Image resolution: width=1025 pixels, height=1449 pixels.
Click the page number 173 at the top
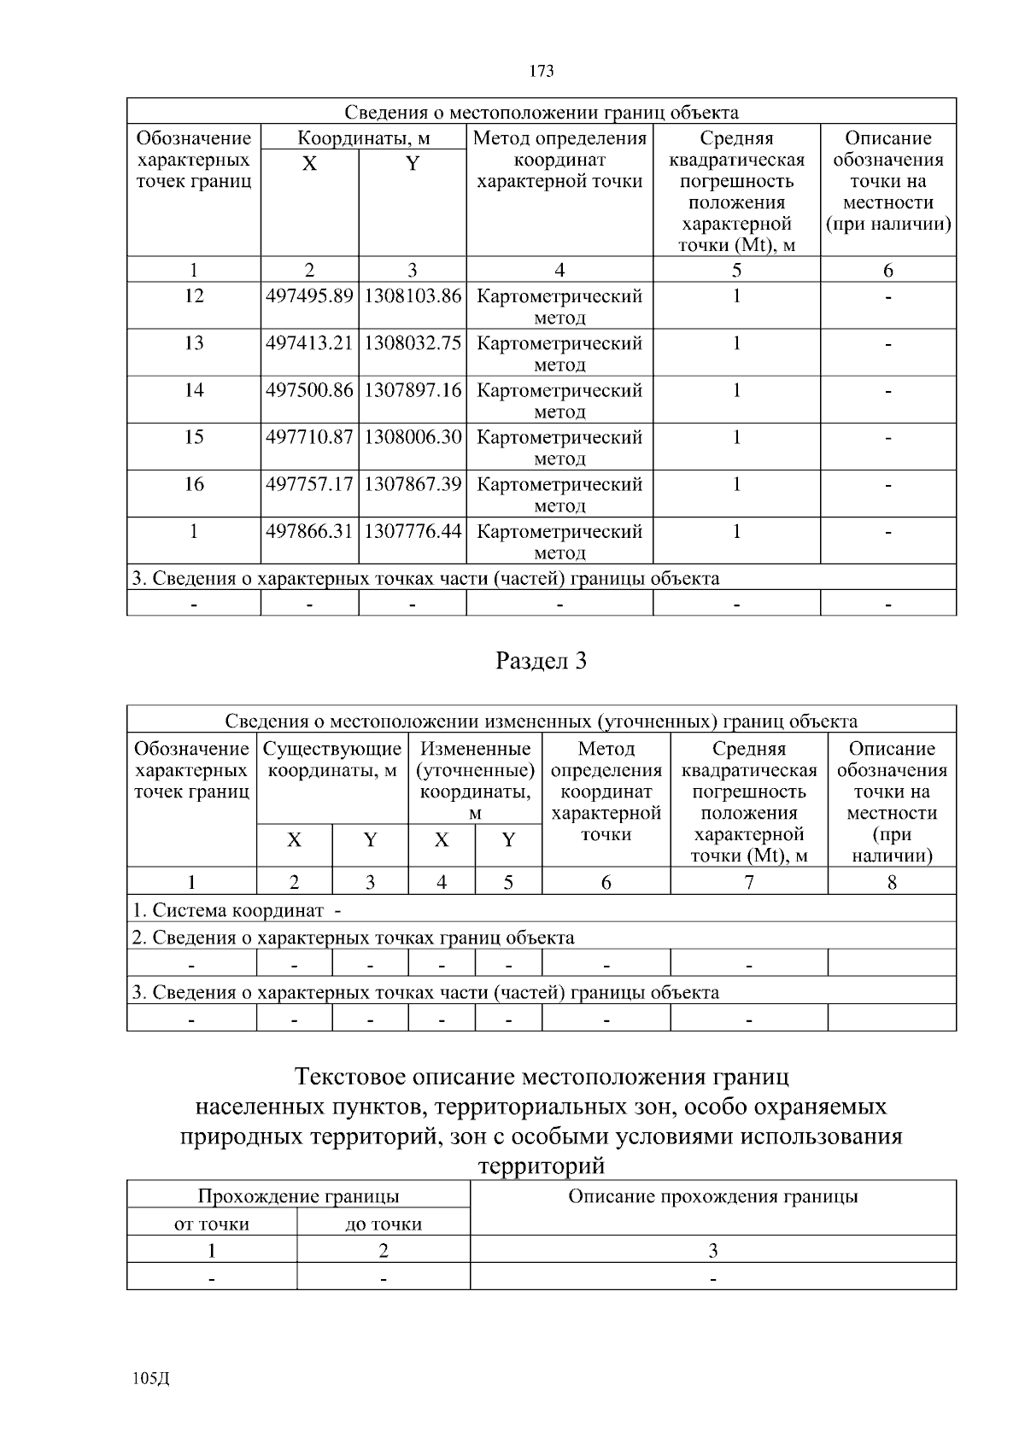[542, 71]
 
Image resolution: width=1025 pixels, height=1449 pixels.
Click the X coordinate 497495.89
[309, 296]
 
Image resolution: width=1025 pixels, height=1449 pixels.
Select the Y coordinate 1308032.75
[413, 343]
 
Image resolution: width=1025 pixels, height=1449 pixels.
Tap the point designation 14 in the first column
[194, 390]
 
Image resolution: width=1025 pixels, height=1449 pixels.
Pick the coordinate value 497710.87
[309, 437]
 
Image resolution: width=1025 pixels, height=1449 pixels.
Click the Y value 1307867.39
[413, 484]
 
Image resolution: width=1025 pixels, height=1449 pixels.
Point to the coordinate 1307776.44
[413, 531]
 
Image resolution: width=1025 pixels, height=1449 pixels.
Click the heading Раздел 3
[542, 661]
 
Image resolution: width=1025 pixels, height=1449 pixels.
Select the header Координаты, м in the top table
[363, 138]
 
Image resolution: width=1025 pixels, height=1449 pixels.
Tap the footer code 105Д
[152, 1378]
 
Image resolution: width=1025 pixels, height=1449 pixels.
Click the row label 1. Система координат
[235, 910]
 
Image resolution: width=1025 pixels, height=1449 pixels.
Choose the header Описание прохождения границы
[713, 1196]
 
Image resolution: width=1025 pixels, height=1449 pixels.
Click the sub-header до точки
[384, 1224]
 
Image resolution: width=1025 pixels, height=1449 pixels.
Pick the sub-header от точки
[212, 1224]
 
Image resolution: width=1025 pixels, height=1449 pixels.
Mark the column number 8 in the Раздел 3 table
[892, 882]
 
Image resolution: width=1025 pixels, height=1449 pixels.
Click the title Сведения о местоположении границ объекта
[542, 113]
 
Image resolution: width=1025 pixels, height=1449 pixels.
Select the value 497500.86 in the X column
[309, 390]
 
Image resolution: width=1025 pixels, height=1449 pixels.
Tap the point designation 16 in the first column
[194, 484]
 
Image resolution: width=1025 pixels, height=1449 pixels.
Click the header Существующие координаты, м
[332, 760]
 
